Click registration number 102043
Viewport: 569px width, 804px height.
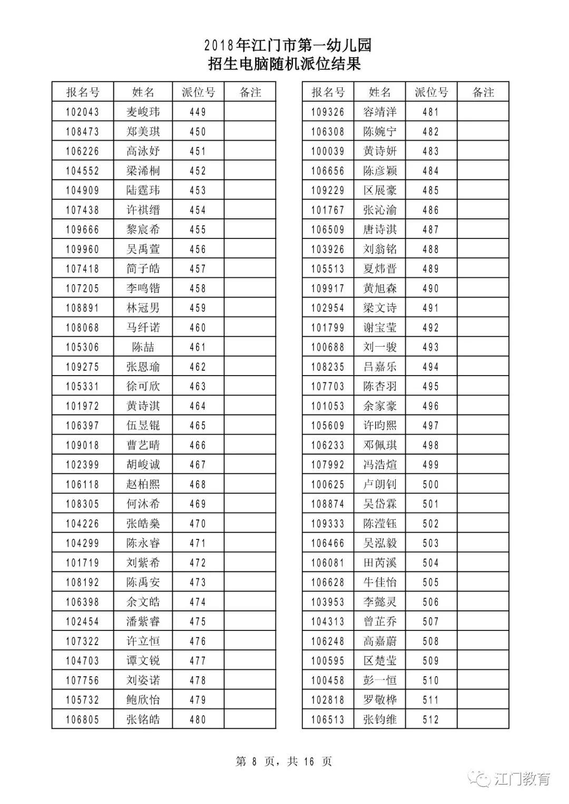[x=82, y=112]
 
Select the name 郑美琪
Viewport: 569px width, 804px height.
[x=143, y=132]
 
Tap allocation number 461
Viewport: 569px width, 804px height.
[x=198, y=347]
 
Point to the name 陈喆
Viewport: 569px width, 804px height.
[x=143, y=347]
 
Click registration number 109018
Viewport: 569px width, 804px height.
[x=82, y=445]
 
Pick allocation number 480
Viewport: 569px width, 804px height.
[x=198, y=719]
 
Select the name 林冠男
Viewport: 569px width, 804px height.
[x=143, y=308]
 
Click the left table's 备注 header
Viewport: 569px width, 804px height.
[x=250, y=93]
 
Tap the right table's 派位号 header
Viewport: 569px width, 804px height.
[x=431, y=93]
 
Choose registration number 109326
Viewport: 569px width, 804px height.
[x=328, y=112]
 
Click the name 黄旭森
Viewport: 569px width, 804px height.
[x=379, y=288]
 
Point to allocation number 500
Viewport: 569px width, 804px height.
[x=430, y=484]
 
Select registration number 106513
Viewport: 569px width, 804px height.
[x=328, y=719]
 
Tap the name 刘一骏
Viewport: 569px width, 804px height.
[x=379, y=347]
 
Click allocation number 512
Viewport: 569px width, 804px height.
[x=430, y=719]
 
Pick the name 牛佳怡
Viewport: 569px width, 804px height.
[x=379, y=582]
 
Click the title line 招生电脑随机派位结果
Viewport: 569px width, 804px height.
[x=284, y=64]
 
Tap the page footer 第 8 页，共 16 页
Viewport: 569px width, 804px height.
[x=284, y=761]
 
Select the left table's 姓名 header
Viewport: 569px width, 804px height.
[x=143, y=93]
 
